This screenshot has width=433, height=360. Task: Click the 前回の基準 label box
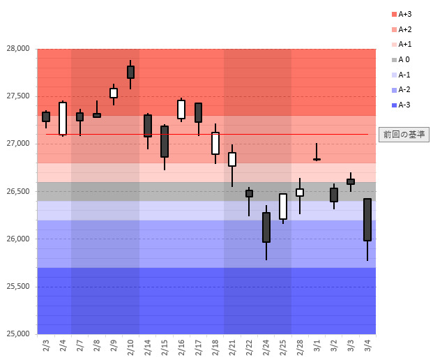click(404, 135)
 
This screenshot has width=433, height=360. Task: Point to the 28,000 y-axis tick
click(19, 49)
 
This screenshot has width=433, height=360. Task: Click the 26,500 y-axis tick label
click(19, 191)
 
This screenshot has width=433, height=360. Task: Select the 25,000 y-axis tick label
click(19, 333)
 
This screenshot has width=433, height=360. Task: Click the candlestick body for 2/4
click(63, 119)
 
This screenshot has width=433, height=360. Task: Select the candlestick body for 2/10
click(130, 72)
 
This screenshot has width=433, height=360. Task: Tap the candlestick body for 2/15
click(165, 142)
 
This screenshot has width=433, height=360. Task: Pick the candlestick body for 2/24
click(266, 227)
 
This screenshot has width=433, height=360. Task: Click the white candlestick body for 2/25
click(283, 207)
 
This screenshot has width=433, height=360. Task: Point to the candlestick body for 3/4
click(367, 220)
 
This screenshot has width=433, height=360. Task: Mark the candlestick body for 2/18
click(215, 143)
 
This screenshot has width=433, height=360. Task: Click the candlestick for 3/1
click(317, 159)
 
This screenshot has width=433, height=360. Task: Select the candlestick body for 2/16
click(181, 110)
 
